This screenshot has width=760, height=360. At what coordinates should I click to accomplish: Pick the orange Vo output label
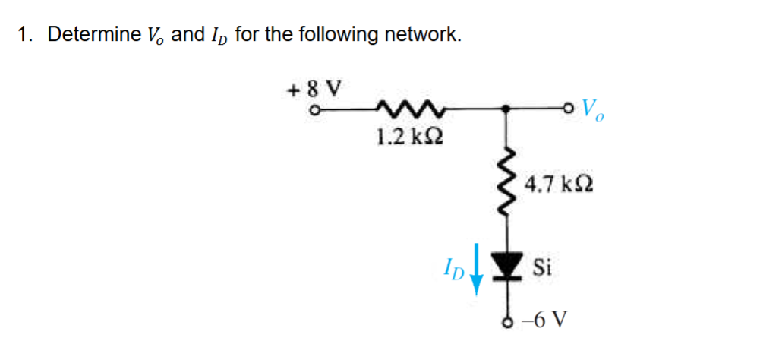[x=595, y=112]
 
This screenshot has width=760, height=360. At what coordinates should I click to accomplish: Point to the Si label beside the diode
[x=542, y=268]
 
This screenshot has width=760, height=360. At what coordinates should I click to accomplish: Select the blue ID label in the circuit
[x=453, y=268]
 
